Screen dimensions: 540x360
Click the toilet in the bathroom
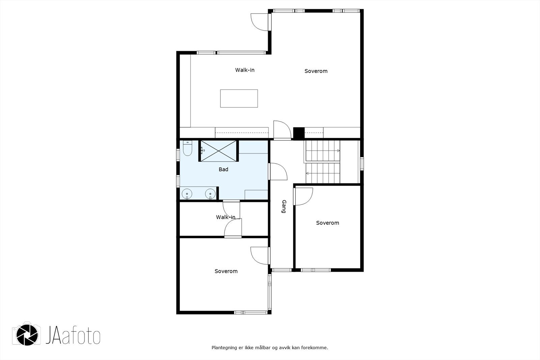pos(187,148)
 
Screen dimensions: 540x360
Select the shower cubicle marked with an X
pos(218,151)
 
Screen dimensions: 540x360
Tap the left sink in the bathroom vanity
pos(187,194)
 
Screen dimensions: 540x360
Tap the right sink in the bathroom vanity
pos(210,194)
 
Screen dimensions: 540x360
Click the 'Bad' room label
pos(223,170)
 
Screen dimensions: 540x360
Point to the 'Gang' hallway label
pos(284,206)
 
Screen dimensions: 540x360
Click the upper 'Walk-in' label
pos(245,70)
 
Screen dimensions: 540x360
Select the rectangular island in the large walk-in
pos(239,99)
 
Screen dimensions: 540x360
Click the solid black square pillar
pos(299,133)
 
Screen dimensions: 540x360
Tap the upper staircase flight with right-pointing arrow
pos(323,151)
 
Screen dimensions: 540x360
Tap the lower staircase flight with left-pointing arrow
pos(323,173)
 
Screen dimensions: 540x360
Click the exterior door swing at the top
pos(261,22)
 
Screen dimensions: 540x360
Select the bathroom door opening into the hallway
pos(278,172)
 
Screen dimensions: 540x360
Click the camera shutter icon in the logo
pos(27,335)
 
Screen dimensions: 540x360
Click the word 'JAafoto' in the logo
pos(73,335)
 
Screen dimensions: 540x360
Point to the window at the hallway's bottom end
pos(281,270)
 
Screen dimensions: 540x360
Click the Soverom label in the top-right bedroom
pos(316,71)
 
